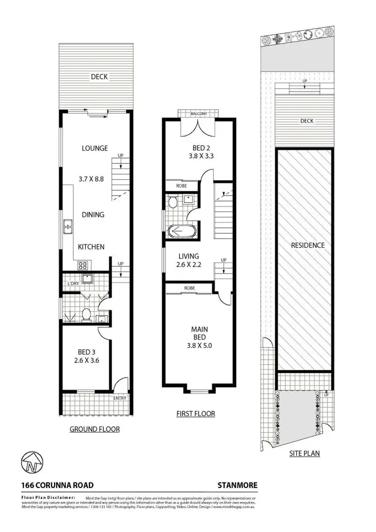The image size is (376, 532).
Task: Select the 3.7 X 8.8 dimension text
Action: coord(94,178)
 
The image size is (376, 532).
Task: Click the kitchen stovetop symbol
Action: coord(82,265)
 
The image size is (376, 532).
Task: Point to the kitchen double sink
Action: coord(67,228)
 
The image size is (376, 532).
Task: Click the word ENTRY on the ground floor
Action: coord(120,398)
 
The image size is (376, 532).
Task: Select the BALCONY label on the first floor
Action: coord(199,114)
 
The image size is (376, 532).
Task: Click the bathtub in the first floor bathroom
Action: coord(180,232)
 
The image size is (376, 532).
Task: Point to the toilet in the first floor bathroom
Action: coord(172,202)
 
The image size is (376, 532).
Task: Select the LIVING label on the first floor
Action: coord(189,256)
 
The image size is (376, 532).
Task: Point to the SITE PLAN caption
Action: coord(305,453)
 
